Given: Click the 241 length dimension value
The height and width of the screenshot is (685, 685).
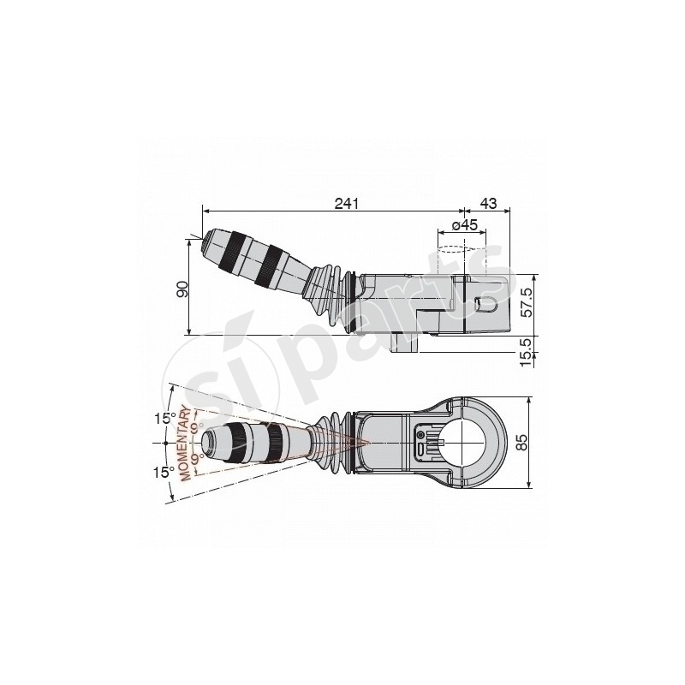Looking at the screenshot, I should tap(345, 203).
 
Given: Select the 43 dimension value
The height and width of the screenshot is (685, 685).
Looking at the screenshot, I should tap(487, 203).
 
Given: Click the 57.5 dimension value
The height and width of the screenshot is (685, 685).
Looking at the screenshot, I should tap(526, 302).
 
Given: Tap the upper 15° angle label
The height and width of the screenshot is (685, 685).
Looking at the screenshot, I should tap(164, 418).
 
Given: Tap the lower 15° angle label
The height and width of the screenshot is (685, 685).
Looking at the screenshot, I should tap(164, 471).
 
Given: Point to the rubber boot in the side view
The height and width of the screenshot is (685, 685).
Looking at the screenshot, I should tap(331, 300).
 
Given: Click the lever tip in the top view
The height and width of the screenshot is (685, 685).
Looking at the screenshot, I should tap(208, 443).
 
